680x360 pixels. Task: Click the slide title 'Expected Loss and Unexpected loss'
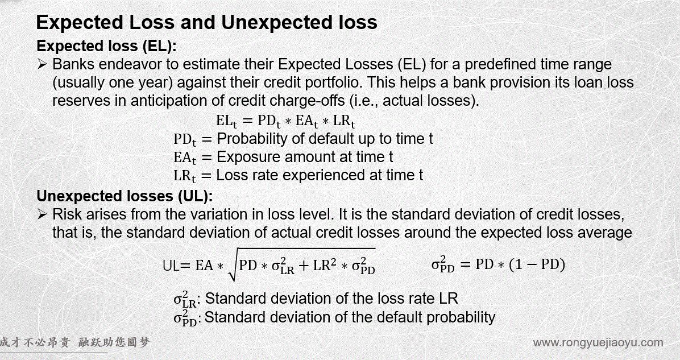click(206, 22)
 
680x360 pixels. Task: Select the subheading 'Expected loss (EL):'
click(107, 46)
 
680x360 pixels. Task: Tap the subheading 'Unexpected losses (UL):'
click(125, 196)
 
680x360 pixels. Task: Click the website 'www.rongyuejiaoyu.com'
click(598, 342)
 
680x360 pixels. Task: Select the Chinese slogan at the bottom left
click(74, 342)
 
